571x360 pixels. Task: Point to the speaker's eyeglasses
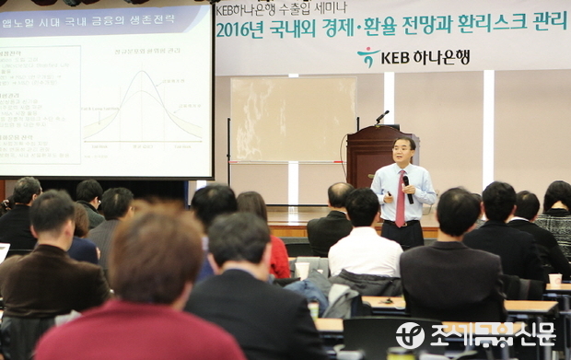(x=402, y=148)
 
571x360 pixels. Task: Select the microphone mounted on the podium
(x=381, y=116)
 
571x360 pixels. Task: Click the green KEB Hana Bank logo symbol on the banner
(x=368, y=57)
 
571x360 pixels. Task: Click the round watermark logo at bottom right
(x=410, y=335)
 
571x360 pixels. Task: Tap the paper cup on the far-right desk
(x=554, y=278)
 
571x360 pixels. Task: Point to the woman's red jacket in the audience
(x=279, y=256)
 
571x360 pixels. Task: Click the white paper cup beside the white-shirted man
(x=302, y=270)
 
